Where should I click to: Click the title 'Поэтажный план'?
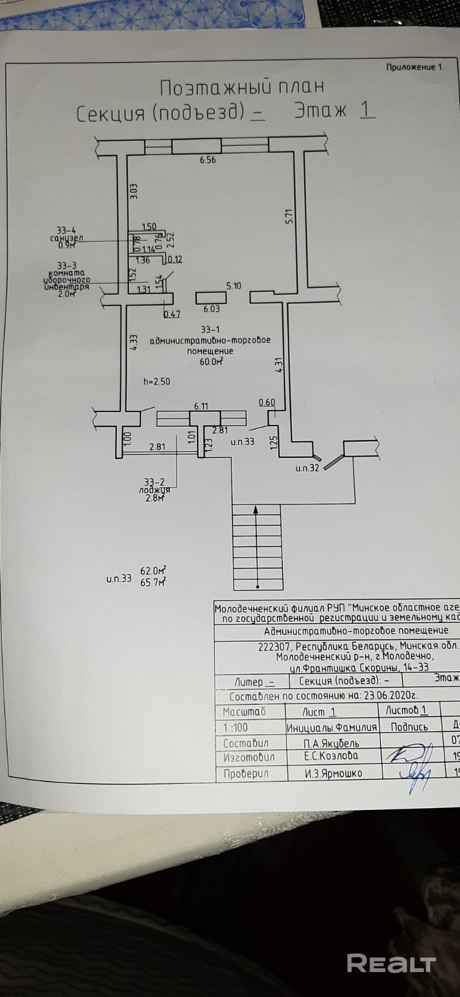[x=242, y=86]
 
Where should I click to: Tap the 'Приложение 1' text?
[x=413, y=67]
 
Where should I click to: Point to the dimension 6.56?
[x=208, y=160]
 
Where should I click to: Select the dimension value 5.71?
[x=288, y=216]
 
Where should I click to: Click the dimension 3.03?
[x=133, y=191]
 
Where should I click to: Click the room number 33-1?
[x=210, y=329]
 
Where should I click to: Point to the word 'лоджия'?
[x=154, y=490]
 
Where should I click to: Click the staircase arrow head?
[x=257, y=509]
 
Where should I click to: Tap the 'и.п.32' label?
[x=307, y=467]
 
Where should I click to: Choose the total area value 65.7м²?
[x=153, y=583]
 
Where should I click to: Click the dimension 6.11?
[x=201, y=406]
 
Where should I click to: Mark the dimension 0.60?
[x=267, y=403]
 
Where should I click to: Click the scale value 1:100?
[x=236, y=727]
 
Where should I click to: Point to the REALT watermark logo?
[x=391, y=963]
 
